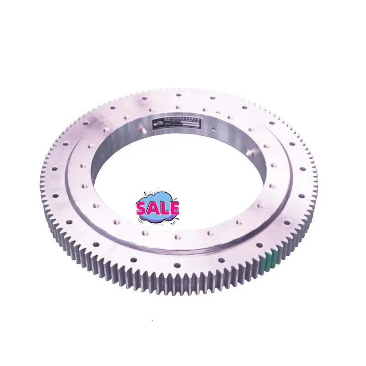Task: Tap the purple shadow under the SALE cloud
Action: [158, 218]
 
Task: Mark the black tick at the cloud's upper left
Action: [146, 193]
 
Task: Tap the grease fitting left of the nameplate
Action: [143, 130]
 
